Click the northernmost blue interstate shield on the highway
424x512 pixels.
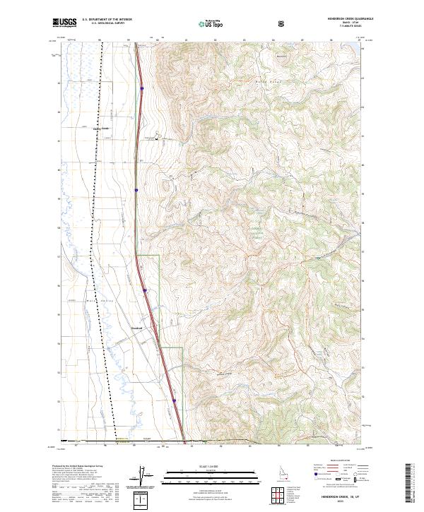click(142, 88)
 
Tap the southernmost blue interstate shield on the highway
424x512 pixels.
click(174, 400)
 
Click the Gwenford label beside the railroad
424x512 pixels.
click(101, 129)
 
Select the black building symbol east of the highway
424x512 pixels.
click(158, 138)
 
